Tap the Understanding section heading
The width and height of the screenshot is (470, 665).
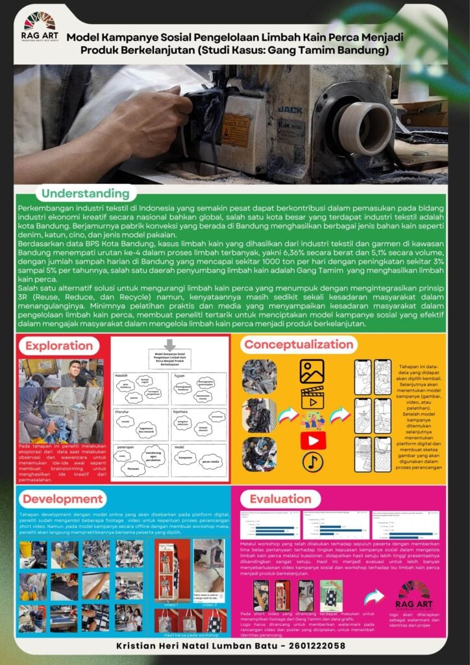(x=85, y=194)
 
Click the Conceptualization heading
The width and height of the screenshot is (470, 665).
(x=299, y=344)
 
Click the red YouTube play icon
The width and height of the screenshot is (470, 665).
(x=312, y=423)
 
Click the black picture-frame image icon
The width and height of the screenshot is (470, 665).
(x=312, y=371)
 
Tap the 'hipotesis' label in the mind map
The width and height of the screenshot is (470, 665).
(x=181, y=411)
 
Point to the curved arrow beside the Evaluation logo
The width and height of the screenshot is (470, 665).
(x=373, y=596)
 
